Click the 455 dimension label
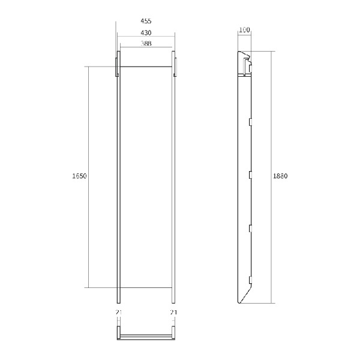pyautogui.click(x=146, y=21)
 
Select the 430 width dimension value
pyautogui.click(x=146, y=33)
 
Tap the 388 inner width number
pyautogui.click(x=146, y=43)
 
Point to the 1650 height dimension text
pyautogui.click(x=79, y=176)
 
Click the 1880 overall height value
pyautogui.click(x=280, y=176)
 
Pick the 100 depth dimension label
pyautogui.click(x=244, y=30)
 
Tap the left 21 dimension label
pyautogui.click(x=118, y=312)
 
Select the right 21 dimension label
pyautogui.click(x=173, y=312)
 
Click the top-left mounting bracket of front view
pyautogui.click(x=117, y=67)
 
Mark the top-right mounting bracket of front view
pyautogui.click(x=175, y=67)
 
